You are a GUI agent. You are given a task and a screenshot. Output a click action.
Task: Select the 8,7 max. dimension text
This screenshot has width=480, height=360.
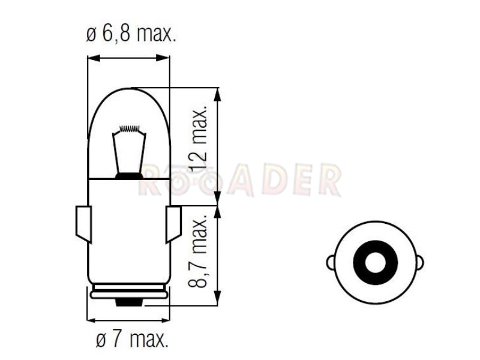coord(198,251)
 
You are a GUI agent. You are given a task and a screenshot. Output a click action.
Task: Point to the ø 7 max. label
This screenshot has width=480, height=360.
coord(132,339)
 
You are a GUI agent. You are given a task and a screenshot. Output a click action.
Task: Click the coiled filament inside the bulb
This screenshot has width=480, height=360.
coord(130,128)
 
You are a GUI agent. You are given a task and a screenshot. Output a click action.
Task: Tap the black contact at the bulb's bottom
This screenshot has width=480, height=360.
coord(129,302)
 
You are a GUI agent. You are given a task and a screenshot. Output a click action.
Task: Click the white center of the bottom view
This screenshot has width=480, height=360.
coord(376,262)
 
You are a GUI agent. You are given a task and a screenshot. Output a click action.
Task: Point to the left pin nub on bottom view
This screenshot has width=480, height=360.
coord(331,262)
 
